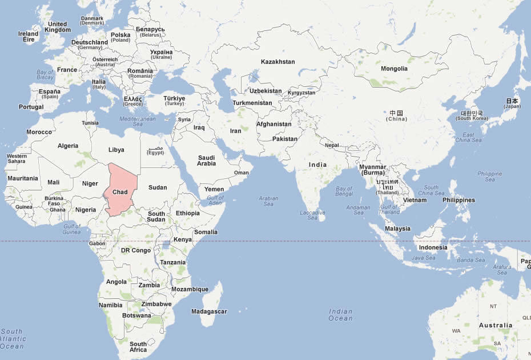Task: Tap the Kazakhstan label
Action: click(x=277, y=62)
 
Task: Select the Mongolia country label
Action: click(x=394, y=69)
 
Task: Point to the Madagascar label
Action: click(x=209, y=311)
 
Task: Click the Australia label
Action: click(x=496, y=325)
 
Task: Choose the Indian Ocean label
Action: click(x=340, y=315)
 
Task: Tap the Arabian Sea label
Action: click(x=268, y=201)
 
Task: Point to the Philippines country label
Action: click(x=458, y=200)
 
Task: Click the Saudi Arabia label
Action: click(x=206, y=161)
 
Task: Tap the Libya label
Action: click(x=116, y=150)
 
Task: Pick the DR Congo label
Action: click(x=136, y=250)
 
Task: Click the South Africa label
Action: click(x=138, y=347)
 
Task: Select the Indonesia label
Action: click(x=433, y=247)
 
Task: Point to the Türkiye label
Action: click(x=174, y=101)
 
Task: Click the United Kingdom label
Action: click(x=58, y=27)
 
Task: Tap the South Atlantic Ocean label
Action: click(x=13, y=339)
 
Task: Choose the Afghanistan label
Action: click(x=273, y=124)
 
